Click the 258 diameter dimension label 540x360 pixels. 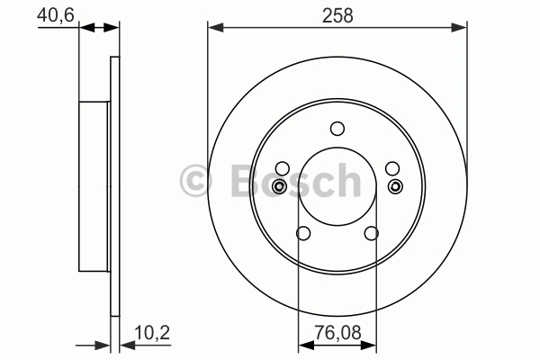(x=337, y=16)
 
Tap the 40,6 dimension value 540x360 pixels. (x=56, y=15)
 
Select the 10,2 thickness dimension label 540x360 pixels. (x=152, y=333)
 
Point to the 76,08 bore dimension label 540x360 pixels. (x=337, y=333)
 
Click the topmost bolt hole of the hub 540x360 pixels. (x=337, y=129)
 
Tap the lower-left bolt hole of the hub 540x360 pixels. (x=303, y=233)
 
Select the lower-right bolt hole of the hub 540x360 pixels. (x=371, y=233)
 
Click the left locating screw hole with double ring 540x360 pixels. (x=279, y=186)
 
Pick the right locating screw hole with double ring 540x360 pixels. (x=395, y=186)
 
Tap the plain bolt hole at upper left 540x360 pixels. (x=283, y=168)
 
